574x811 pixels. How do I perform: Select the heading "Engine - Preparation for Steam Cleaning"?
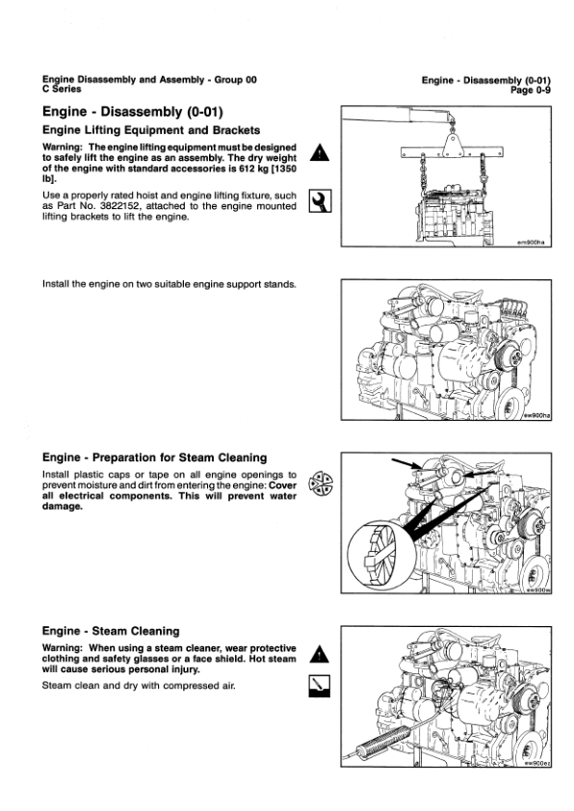coord(155,458)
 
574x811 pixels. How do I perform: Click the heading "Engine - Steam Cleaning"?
coord(111,631)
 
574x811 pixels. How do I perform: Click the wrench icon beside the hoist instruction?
coord(319,200)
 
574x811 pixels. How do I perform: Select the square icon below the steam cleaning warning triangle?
coord(319,686)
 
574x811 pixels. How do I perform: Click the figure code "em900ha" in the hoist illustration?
coord(531,243)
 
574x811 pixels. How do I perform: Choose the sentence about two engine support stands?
coord(170,285)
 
